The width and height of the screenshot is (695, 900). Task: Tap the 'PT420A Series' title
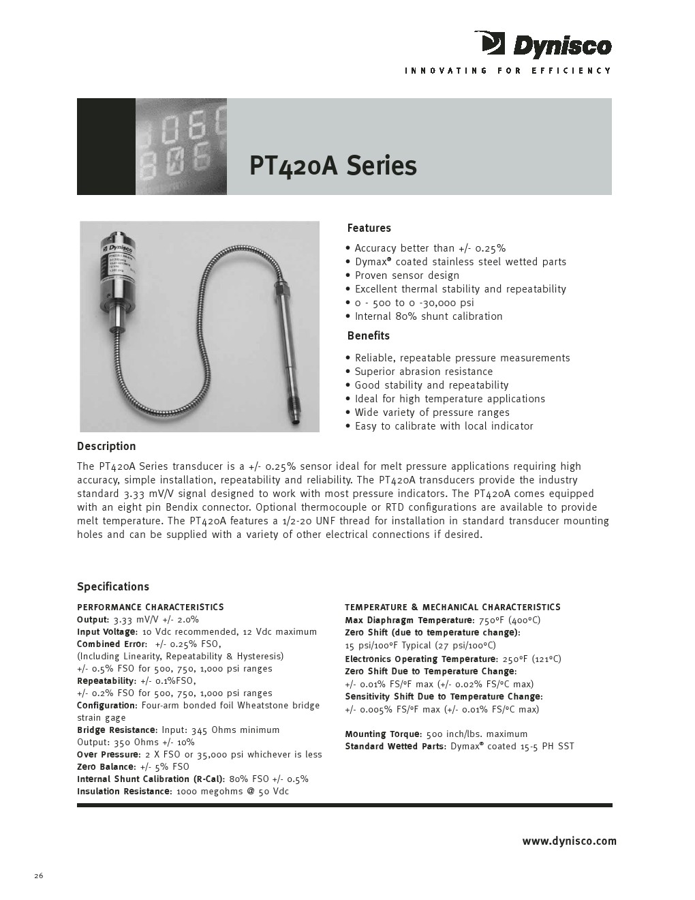(x=333, y=166)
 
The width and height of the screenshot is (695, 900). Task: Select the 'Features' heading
(x=369, y=228)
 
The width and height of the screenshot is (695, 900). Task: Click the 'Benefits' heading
(x=368, y=335)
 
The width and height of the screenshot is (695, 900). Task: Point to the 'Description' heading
(x=106, y=447)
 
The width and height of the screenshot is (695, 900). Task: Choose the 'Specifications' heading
(x=112, y=587)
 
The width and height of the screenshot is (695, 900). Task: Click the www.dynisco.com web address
(x=569, y=841)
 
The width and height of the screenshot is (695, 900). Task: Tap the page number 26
(x=39, y=876)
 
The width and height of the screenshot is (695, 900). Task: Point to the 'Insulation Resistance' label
(x=123, y=792)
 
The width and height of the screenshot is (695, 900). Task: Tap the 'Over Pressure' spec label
(x=108, y=755)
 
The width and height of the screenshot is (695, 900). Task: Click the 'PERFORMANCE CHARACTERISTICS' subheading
(x=150, y=607)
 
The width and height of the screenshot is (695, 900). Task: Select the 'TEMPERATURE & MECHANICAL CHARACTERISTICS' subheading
(x=452, y=607)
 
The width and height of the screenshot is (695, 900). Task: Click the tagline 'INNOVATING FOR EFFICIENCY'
(x=508, y=71)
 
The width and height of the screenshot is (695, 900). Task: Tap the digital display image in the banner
(x=181, y=147)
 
